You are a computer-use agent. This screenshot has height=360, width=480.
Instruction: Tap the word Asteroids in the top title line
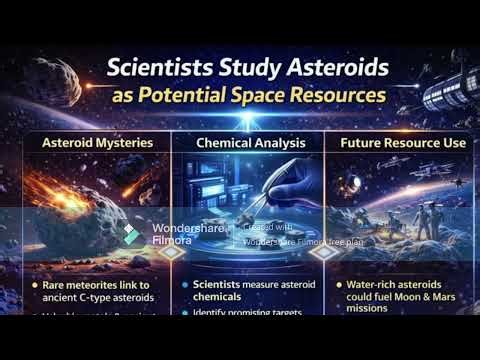tap(331, 72)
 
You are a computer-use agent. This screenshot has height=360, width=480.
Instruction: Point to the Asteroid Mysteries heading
tap(97, 142)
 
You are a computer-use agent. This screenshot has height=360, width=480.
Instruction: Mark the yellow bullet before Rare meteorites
tap(35, 285)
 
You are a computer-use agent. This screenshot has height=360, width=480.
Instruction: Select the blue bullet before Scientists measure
tap(185, 285)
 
